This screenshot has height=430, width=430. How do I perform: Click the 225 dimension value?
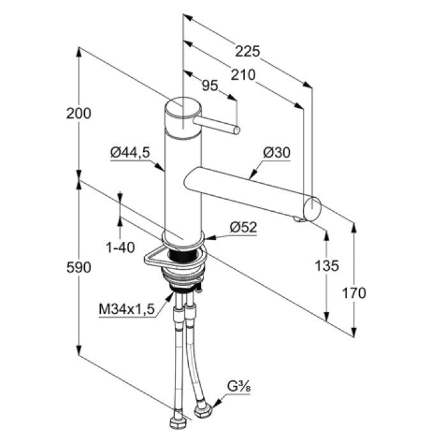[x=248, y=51]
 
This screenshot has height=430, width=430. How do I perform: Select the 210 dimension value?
[x=243, y=75]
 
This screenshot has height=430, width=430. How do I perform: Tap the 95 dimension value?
[x=210, y=85]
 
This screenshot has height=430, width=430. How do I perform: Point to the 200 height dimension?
[x=78, y=114]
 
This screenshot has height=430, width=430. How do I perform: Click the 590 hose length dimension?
[x=78, y=267]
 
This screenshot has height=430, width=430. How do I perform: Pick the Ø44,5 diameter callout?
[x=130, y=152]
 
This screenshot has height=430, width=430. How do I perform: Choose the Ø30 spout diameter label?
[x=276, y=152]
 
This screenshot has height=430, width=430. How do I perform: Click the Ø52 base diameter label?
[x=244, y=227]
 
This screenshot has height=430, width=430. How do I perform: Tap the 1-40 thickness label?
[x=121, y=248]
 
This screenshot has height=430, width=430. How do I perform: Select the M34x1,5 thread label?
[x=127, y=309]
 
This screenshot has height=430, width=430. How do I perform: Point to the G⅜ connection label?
[x=239, y=387]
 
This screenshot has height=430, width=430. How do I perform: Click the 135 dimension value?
[x=327, y=266]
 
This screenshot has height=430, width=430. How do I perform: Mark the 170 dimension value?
[x=354, y=293]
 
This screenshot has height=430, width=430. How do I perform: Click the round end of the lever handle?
[x=237, y=130]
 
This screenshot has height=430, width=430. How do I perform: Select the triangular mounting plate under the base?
[x=154, y=258]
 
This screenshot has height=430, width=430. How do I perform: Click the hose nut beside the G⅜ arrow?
[x=203, y=410]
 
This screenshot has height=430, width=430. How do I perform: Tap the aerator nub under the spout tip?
[x=297, y=219]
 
